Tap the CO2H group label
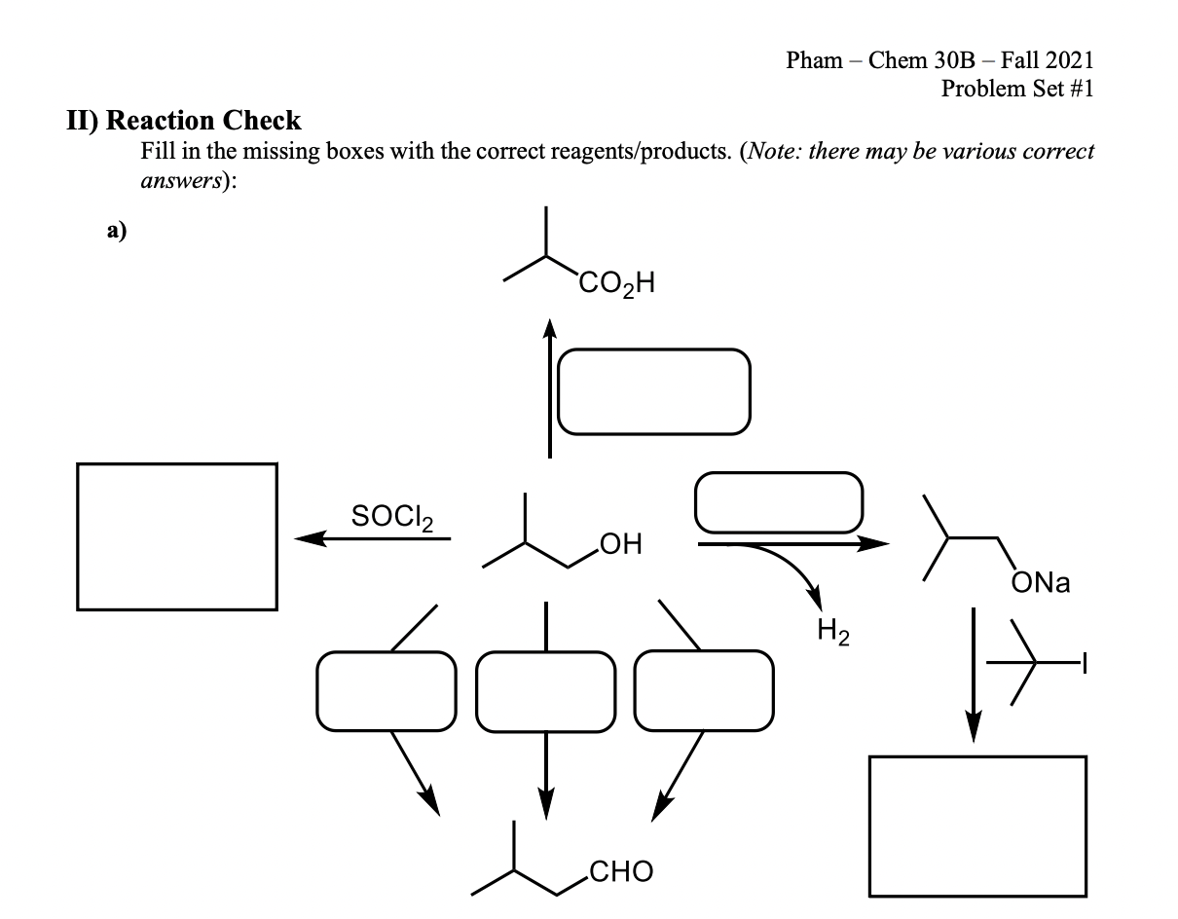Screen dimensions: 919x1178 click(x=618, y=284)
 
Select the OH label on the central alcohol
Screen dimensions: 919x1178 click(x=622, y=542)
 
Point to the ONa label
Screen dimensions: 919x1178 click(x=1041, y=583)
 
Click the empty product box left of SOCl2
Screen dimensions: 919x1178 click(x=177, y=536)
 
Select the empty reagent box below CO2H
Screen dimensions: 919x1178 click(x=654, y=390)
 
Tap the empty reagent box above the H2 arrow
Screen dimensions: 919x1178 click(x=779, y=502)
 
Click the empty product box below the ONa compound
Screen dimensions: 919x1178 click(x=977, y=825)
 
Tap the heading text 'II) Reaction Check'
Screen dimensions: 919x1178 click(x=184, y=121)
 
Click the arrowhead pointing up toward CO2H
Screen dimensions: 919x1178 click(x=550, y=328)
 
